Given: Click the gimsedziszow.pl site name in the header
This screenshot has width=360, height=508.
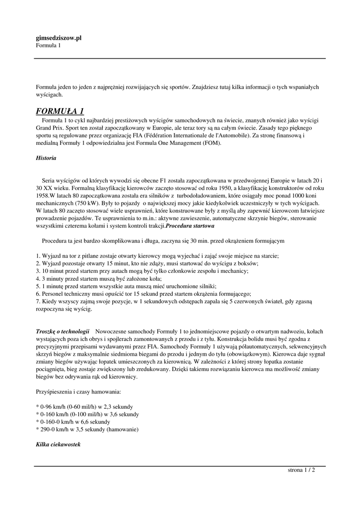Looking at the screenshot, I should (x=59, y=38).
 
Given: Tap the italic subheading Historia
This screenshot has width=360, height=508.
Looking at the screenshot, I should (x=46, y=158).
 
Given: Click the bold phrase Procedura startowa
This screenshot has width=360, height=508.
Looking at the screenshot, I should (x=190, y=226).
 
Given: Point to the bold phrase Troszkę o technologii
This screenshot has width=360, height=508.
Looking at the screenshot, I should (x=63, y=330).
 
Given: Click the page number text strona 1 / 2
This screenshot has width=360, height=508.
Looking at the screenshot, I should (x=301, y=470).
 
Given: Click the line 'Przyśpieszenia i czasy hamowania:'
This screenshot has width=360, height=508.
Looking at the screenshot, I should (x=78, y=391).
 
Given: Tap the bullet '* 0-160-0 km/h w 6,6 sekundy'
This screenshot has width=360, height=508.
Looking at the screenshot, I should (x=73, y=421).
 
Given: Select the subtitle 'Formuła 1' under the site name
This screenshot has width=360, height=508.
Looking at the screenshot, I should (x=48, y=46).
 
